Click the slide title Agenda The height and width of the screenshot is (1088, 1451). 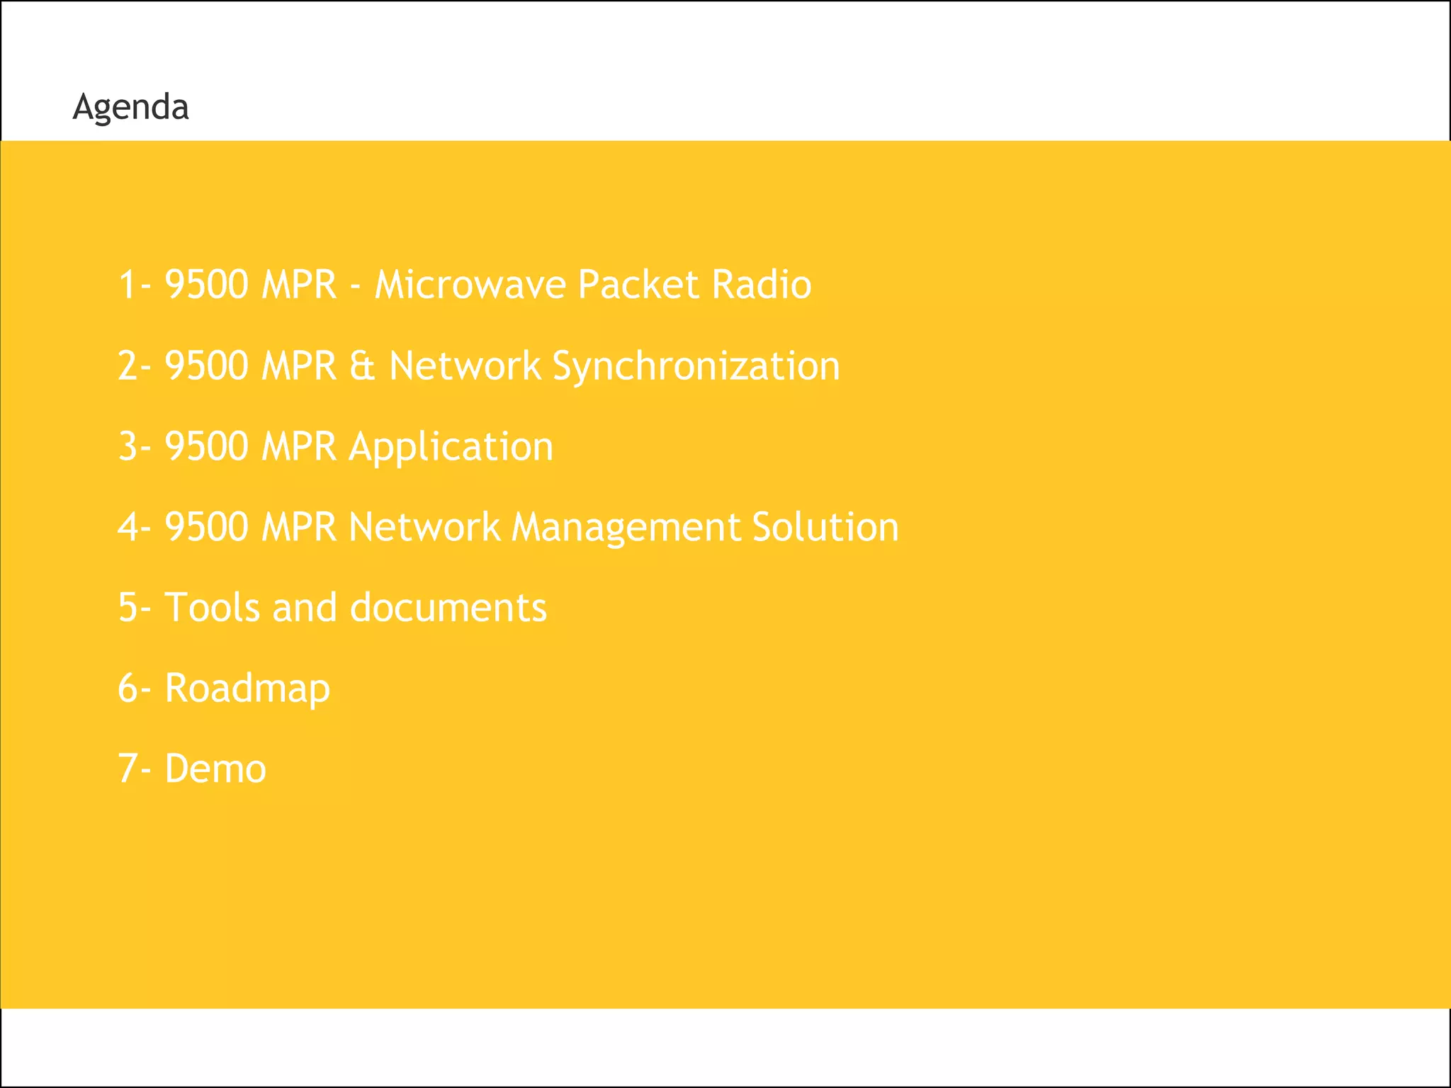click(130, 108)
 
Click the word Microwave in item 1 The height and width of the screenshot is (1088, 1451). click(470, 285)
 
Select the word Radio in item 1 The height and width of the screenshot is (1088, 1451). click(762, 285)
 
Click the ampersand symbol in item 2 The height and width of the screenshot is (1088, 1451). click(362, 366)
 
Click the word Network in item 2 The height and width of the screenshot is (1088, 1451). click(465, 366)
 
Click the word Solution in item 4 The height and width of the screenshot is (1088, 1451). click(825, 528)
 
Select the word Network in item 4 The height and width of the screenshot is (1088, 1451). click(424, 528)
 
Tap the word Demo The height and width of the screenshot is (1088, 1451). click(215, 769)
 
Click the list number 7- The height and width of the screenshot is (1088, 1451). click(134, 769)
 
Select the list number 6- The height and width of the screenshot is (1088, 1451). click(134, 688)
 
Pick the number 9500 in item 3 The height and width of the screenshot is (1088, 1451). click(207, 447)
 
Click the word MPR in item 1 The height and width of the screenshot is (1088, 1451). click(298, 285)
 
